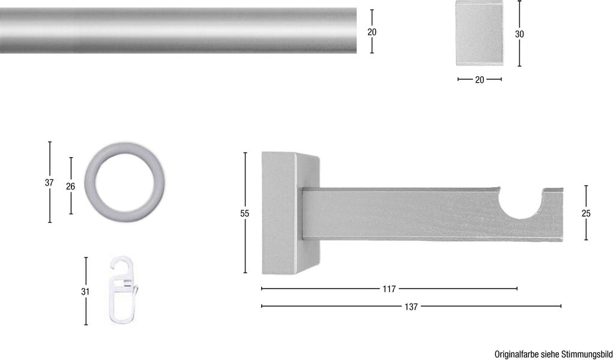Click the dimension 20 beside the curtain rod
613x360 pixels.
pyautogui.click(x=372, y=32)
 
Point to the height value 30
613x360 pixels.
pyautogui.click(x=519, y=34)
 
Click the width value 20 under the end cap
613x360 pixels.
pyautogui.click(x=479, y=79)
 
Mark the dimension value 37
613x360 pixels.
pyautogui.click(x=49, y=183)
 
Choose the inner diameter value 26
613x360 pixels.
pyautogui.click(x=70, y=187)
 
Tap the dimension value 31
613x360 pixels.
pyautogui.click(x=85, y=292)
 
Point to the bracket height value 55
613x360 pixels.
pyautogui.click(x=244, y=213)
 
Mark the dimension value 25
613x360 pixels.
pyautogui.click(x=585, y=213)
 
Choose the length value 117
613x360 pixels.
pyautogui.click(x=389, y=289)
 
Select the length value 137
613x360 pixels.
pyautogui.click(x=411, y=307)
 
